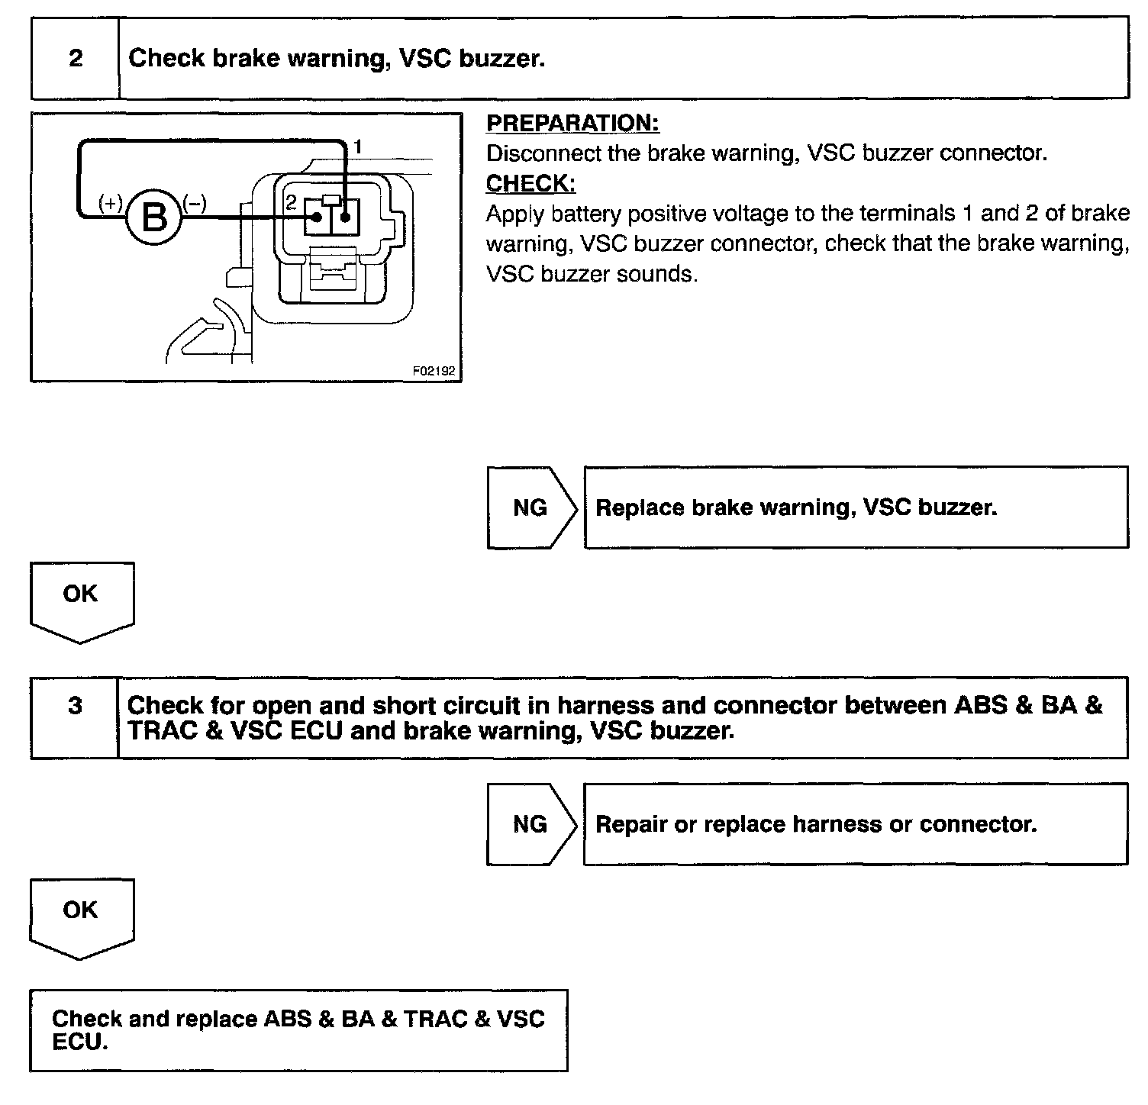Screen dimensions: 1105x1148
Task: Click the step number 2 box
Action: pos(75,59)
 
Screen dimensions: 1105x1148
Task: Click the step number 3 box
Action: pos(75,706)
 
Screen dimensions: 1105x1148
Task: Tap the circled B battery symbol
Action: pos(155,218)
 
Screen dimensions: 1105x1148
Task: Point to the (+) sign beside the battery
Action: pos(111,203)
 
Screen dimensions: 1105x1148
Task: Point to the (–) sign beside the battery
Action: pos(195,203)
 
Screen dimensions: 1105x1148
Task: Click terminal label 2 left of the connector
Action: pos(291,203)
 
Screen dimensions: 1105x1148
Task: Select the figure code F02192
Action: pos(434,371)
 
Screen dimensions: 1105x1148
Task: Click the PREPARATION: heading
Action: pos(572,124)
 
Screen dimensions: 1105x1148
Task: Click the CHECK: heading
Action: pos(530,184)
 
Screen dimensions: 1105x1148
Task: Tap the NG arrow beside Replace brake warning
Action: pos(531,507)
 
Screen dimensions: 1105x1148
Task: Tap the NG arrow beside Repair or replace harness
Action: pos(531,824)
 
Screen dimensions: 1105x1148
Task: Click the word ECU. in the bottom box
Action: pos(79,1043)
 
